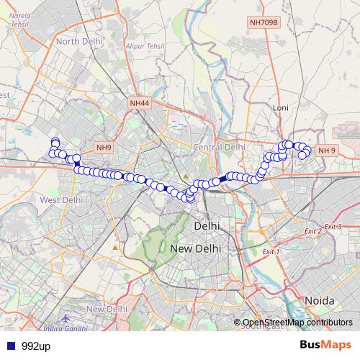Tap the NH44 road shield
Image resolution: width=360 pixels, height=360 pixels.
(x=140, y=104)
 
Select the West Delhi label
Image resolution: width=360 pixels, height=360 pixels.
(x=61, y=199)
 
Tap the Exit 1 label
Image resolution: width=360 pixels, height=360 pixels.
(x=271, y=251)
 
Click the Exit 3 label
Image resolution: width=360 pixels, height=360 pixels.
(x=333, y=226)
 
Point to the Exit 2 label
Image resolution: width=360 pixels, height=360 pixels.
(x=312, y=231)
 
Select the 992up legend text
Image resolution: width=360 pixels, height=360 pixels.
(x=35, y=346)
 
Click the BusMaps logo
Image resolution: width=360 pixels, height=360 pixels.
(x=325, y=345)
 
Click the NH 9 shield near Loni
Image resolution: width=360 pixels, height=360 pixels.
(x=327, y=150)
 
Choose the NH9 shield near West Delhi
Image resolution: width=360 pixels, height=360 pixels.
(x=104, y=148)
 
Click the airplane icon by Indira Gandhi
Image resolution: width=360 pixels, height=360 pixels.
(x=67, y=318)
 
